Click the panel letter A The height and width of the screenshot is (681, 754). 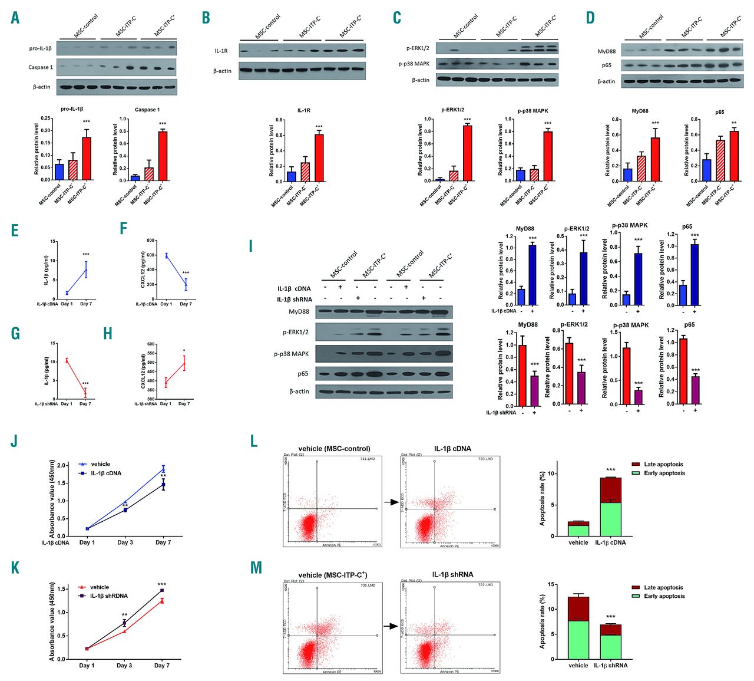pyautogui.click(x=15, y=18)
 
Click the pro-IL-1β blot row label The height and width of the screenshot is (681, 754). pyautogui.click(x=41, y=48)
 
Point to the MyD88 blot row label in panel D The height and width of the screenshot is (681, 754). pyautogui.click(x=606, y=51)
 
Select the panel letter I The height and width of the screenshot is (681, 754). pyautogui.click(x=251, y=245)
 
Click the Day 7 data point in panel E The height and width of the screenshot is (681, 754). pyautogui.click(x=85, y=270)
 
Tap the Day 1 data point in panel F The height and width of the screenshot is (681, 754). pyautogui.click(x=167, y=256)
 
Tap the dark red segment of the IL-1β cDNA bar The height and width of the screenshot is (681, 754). pyautogui.click(x=610, y=490)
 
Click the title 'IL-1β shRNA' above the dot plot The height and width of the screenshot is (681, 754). pyautogui.click(x=452, y=574)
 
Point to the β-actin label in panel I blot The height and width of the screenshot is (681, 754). pyautogui.click(x=299, y=391)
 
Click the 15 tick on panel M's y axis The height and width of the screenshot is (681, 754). pyautogui.click(x=551, y=584)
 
